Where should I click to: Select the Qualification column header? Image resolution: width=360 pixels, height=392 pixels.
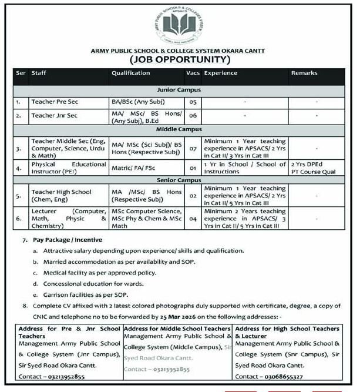(130, 73)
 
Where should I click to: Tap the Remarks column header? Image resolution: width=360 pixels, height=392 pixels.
(304, 73)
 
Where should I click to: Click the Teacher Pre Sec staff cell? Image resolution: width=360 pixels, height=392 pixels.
(55, 102)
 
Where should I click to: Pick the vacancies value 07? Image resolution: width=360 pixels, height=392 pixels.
(192, 149)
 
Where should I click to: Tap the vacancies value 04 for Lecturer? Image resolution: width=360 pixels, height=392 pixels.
(192, 219)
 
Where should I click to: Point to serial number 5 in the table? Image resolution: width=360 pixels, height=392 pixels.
(19, 194)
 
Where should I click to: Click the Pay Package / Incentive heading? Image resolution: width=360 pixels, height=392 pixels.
(68, 240)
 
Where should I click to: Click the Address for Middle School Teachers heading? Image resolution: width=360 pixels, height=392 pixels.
(177, 328)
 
